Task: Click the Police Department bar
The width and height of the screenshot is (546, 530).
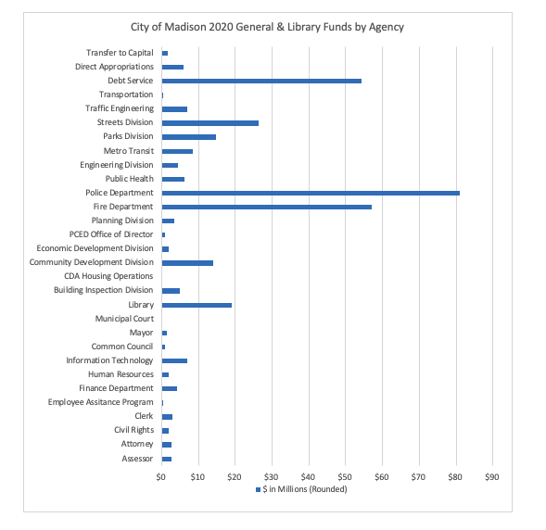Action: coord(311,193)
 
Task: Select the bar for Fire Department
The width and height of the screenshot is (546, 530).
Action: coord(267,207)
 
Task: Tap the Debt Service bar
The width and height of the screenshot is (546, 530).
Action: coord(261,82)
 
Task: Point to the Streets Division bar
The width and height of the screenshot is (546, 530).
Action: coord(210,123)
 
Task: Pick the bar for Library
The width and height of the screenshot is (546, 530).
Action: coord(197,305)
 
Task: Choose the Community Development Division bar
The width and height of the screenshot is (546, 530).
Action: coord(187,263)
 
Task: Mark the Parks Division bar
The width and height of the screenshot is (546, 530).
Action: coord(189,137)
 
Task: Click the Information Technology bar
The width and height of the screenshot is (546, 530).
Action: coord(174,360)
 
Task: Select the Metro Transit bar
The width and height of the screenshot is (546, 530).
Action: coord(177,151)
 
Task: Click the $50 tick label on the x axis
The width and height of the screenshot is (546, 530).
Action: coord(345,477)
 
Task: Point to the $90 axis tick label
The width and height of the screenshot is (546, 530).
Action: coord(492,477)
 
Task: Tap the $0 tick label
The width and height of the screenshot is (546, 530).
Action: coord(161,477)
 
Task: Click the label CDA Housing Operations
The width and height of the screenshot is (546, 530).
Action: coord(108,276)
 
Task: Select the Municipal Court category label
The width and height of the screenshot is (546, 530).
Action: coord(124,319)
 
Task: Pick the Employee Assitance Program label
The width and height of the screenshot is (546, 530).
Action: coord(101,402)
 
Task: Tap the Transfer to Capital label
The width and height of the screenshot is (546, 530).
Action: coord(120,53)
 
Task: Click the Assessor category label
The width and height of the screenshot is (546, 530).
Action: coord(137,459)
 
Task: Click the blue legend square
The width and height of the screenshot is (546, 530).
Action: coord(258,489)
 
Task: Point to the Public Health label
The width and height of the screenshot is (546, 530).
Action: coord(130,179)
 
